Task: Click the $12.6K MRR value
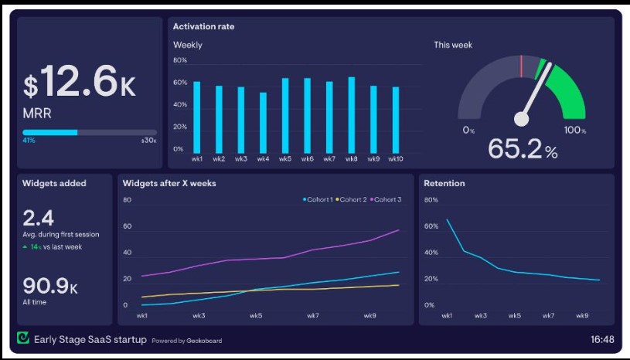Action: (x=80, y=81)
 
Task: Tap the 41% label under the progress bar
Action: (x=29, y=141)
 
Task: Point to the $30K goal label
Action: (x=148, y=141)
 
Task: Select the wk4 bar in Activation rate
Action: (x=263, y=123)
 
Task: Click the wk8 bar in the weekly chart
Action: (x=352, y=115)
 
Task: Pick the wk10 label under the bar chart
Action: (x=396, y=159)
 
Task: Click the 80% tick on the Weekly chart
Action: (x=180, y=60)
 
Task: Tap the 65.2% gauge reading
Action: (x=523, y=149)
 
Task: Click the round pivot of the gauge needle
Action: (x=522, y=119)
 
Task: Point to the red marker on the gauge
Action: (x=522, y=66)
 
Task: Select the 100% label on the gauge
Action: (x=575, y=130)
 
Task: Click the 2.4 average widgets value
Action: (x=38, y=219)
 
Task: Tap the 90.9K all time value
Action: (x=50, y=286)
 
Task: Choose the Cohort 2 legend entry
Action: (x=352, y=199)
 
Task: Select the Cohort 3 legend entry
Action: (x=386, y=199)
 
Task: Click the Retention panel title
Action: (x=444, y=183)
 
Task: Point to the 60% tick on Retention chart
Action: (x=431, y=226)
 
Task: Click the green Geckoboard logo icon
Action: (x=23, y=338)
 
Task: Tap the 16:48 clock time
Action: (x=602, y=340)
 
